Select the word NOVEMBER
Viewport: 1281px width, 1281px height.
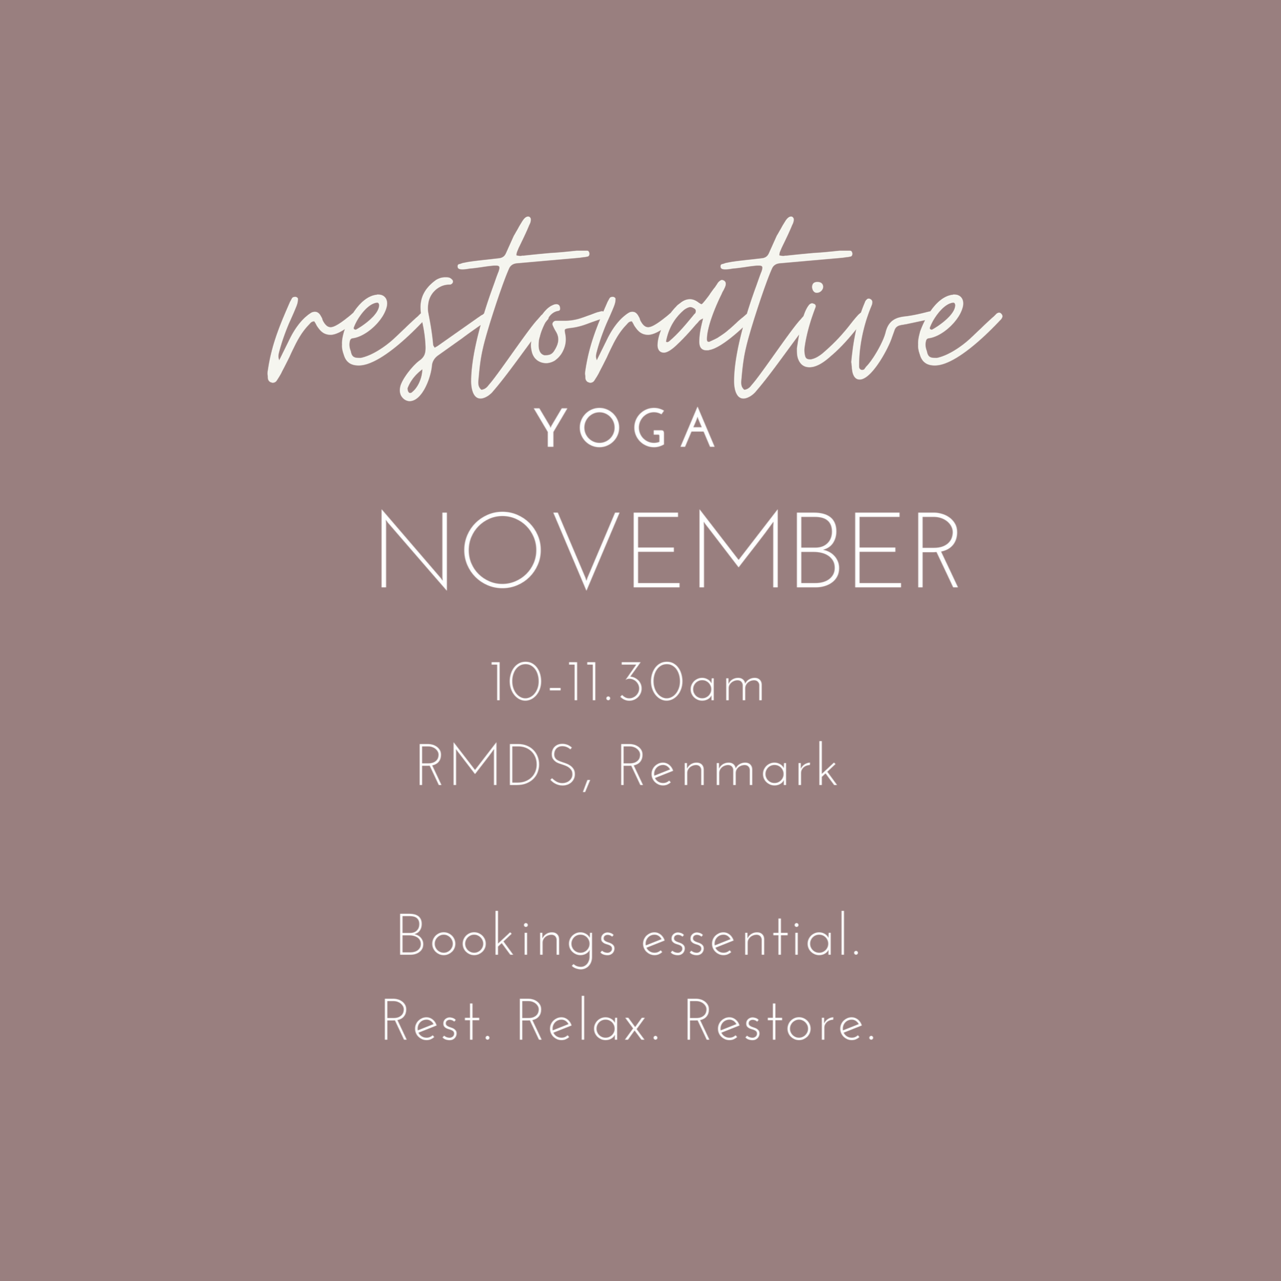point(669,550)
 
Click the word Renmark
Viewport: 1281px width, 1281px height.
point(728,764)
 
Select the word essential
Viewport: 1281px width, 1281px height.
point(751,933)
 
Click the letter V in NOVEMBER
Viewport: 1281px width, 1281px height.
point(586,550)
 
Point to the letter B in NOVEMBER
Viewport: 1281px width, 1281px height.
point(818,550)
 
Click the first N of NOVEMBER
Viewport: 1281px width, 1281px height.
point(414,550)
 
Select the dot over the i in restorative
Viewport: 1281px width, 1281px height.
point(818,287)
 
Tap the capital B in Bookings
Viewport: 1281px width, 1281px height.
point(410,935)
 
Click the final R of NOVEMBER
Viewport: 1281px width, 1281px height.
point(938,550)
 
